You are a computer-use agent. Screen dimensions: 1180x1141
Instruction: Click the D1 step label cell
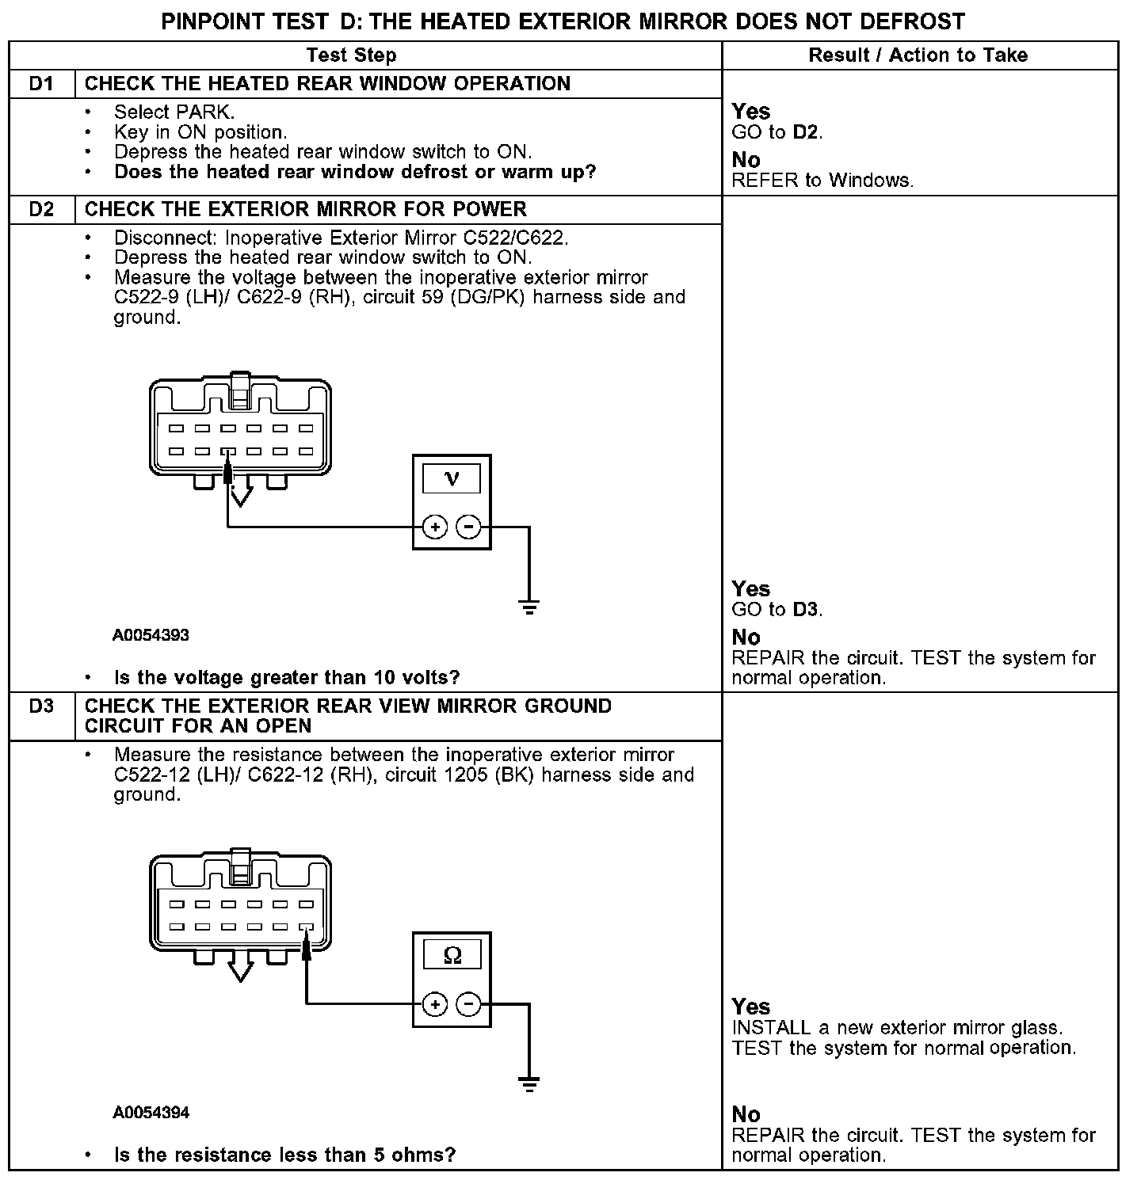tap(41, 84)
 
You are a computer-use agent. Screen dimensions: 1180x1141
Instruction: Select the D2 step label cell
tap(41, 210)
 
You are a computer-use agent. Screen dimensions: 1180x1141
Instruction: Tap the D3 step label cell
tap(41, 706)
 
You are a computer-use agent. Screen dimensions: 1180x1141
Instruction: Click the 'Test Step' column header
tap(351, 55)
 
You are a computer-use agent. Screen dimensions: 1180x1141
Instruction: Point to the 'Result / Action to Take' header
tap(918, 55)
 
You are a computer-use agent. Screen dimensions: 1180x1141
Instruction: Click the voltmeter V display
tap(452, 478)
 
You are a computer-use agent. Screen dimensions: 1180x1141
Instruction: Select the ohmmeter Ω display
tap(452, 956)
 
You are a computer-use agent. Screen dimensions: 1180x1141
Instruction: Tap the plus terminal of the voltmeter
tap(434, 527)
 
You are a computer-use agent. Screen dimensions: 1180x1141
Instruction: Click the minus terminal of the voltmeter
tap(469, 527)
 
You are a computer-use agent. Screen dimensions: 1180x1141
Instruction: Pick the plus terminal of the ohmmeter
tap(434, 1004)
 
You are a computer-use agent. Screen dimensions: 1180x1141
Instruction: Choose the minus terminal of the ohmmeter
tap(469, 1004)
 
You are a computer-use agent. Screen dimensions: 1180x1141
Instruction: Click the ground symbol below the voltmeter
tap(529, 607)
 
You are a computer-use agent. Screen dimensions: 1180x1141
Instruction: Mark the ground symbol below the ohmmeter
tap(529, 1084)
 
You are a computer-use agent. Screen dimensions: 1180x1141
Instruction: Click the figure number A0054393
tap(151, 635)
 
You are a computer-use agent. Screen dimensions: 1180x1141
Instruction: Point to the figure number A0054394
tap(151, 1113)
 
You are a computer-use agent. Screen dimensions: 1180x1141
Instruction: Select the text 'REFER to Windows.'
tap(822, 181)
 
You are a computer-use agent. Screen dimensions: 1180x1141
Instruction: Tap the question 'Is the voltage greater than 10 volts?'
tap(287, 678)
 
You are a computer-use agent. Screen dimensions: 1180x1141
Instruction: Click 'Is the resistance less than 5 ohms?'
tap(284, 1155)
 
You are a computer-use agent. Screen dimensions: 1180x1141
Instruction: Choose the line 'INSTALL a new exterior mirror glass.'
tap(897, 1028)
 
